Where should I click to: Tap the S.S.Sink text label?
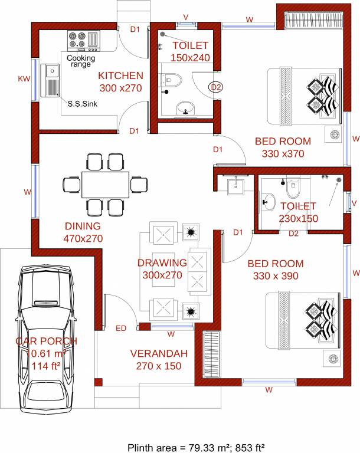83,104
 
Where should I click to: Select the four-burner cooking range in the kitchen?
84,41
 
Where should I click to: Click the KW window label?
24,78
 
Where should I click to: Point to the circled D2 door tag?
216,87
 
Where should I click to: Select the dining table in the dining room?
105,185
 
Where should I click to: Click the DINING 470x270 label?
83,232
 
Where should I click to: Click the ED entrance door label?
121,328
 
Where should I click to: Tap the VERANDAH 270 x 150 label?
159,359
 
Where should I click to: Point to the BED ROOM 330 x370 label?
282,147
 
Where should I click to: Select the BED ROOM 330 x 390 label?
275,270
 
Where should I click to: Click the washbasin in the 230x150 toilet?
269,202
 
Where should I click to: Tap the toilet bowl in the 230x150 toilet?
293,189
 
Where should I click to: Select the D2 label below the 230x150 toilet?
293,234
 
